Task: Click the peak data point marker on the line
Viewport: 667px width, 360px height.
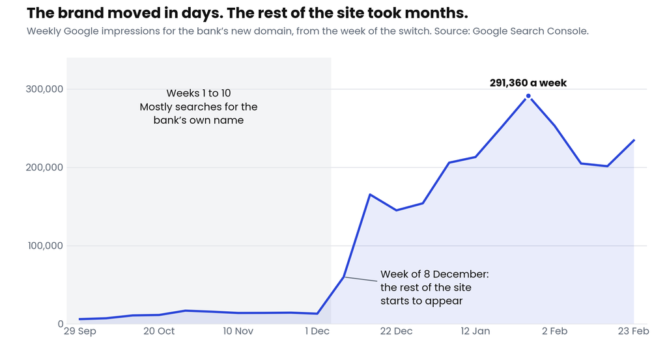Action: point(528,96)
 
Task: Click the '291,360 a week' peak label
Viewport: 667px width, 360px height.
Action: point(528,83)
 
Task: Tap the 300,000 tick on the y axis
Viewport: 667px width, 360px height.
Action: point(44,89)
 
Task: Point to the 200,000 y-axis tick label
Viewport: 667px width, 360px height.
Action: point(44,167)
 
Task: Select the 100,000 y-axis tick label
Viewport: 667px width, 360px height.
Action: point(45,245)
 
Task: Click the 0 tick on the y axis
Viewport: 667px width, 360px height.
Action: point(61,324)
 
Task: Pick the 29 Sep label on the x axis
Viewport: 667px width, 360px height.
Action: point(80,331)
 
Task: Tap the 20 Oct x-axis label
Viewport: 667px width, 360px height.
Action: point(159,331)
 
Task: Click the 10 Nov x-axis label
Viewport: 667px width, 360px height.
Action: point(238,331)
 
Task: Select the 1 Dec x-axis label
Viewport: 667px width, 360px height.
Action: point(317,331)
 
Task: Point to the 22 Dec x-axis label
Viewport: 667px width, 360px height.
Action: point(397,331)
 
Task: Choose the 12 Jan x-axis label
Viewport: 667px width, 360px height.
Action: point(475,331)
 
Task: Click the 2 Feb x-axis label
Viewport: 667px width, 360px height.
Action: point(555,331)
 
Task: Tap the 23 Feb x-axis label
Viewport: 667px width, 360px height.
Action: point(633,331)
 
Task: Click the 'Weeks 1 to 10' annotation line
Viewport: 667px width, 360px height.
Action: point(199,93)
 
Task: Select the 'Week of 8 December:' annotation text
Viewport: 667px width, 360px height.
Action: point(434,274)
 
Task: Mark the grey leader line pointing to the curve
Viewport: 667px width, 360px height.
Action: point(361,279)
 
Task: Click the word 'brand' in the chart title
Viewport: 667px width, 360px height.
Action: point(80,13)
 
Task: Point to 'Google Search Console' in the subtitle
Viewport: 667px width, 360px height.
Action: point(530,31)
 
